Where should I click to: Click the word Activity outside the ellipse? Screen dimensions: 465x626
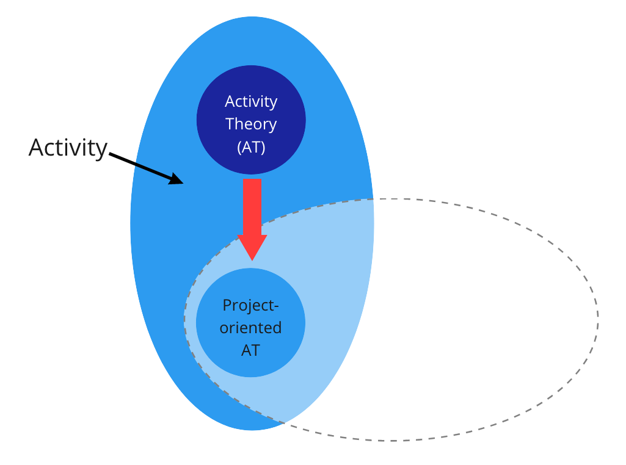(x=68, y=148)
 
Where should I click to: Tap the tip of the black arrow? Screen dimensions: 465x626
(x=182, y=182)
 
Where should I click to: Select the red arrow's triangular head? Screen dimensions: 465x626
(x=252, y=247)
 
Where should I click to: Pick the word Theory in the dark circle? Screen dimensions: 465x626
(x=251, y=124)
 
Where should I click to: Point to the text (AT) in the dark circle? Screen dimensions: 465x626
(x=251, y=146)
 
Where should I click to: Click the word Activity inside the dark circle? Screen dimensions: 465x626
(x=251, y=101)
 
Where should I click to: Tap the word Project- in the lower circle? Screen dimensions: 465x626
(x=251, y=305)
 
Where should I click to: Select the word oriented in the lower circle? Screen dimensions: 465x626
(x=251, y=328)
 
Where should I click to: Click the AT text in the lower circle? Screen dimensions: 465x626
(x=251, y=350)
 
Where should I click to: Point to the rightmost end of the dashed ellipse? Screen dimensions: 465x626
(x=598, y=319)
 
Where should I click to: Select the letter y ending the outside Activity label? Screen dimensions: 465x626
(x=101, y=150)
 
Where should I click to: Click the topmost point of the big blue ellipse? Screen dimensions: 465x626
(x=252, y=16)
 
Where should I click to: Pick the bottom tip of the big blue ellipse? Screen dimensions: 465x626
(x=252, y=430)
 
